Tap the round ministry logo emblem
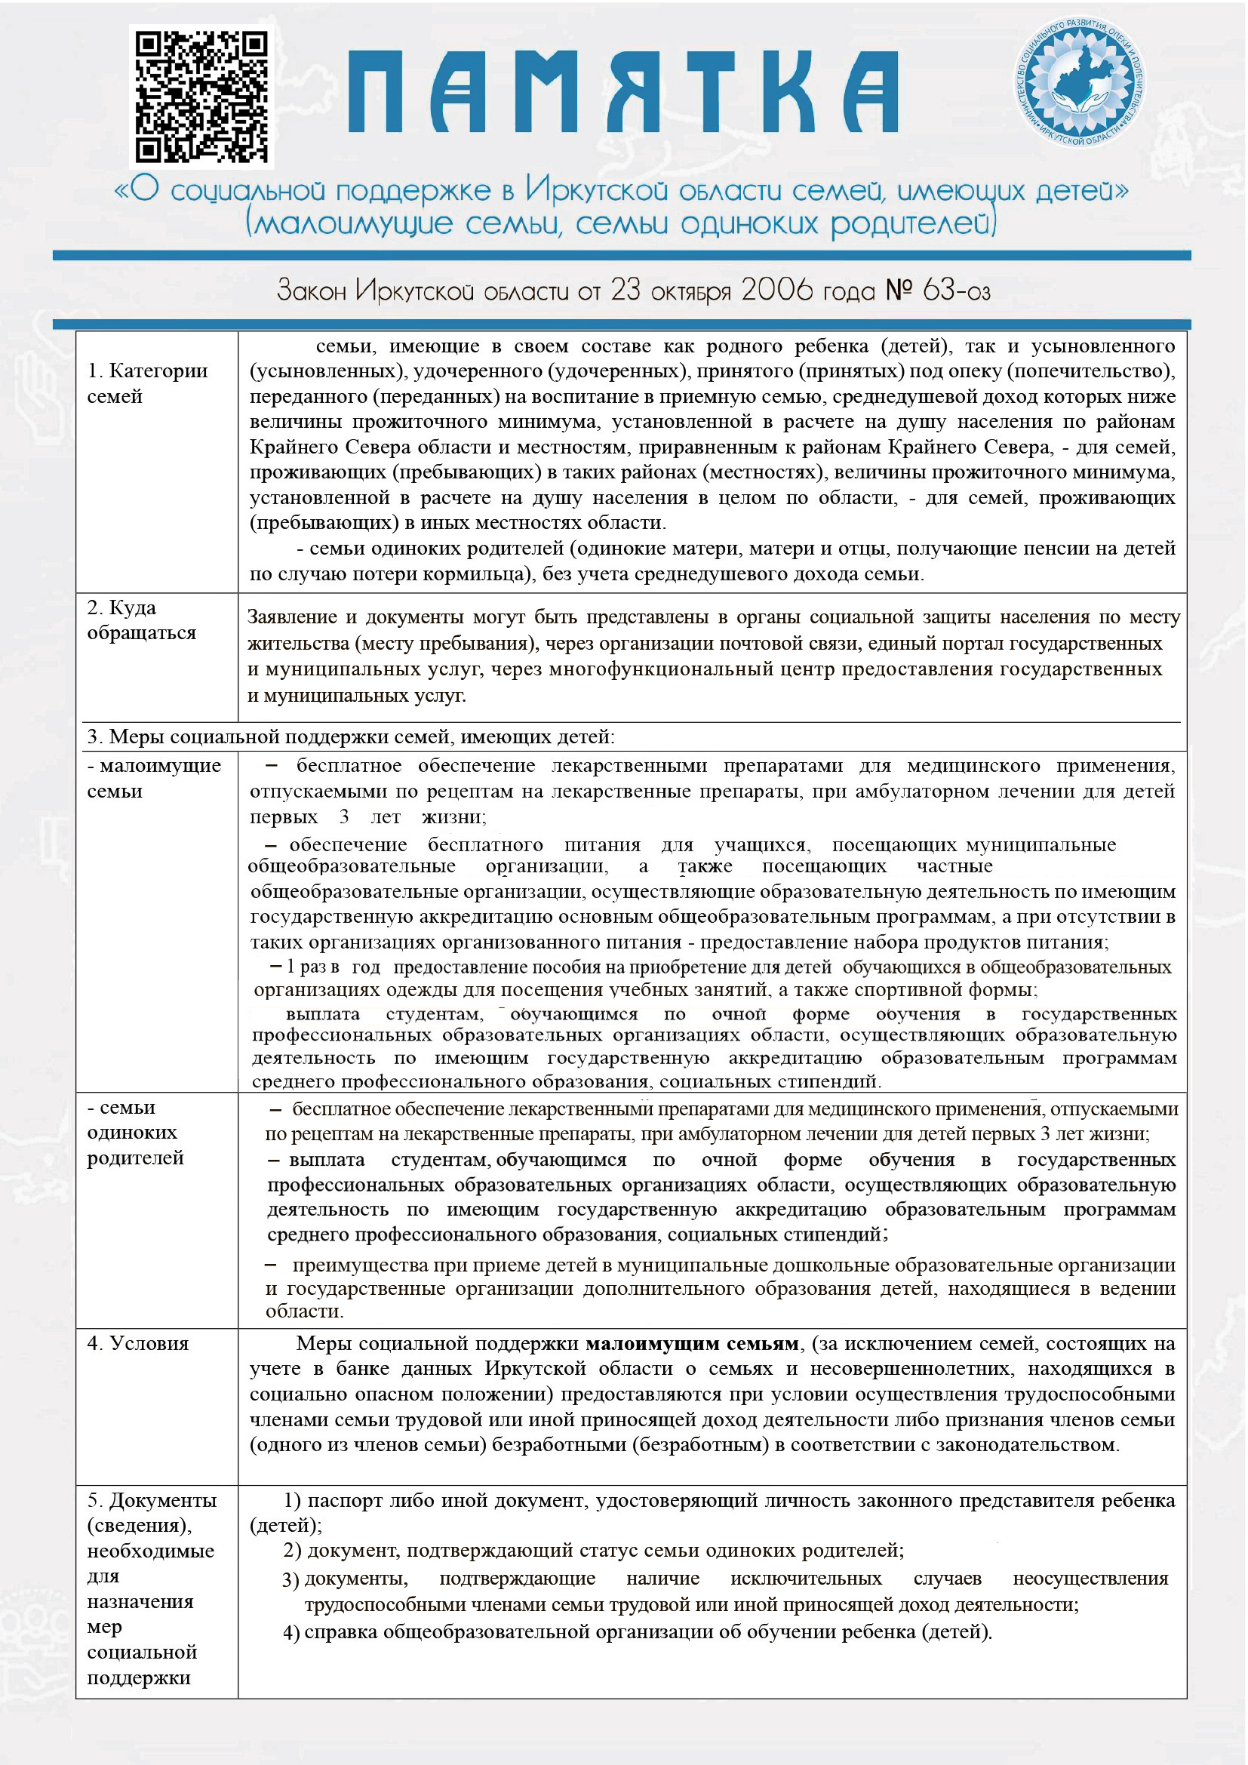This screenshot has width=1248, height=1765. coord(1079,82)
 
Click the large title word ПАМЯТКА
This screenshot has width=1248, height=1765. coord(622,92)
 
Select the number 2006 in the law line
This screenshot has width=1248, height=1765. coord(776,290)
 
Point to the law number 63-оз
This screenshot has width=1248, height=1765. coord(956,290)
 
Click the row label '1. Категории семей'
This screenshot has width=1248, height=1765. coord(147,383)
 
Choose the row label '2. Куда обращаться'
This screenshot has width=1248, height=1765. coord(141,620)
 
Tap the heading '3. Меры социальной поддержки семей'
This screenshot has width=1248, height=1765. coord(350,736)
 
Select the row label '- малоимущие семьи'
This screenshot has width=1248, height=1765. coord(154,777)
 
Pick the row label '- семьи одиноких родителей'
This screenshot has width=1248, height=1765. coord(135,1132)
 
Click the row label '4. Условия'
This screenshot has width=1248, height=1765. coord(137,1343)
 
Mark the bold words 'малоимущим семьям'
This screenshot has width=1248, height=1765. coord(692,1343)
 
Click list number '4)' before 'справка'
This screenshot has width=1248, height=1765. coord(291,1633)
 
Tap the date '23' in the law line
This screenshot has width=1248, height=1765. coord(626,290)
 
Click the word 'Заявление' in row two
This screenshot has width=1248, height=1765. coord(292,617)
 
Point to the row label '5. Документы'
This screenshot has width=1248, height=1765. coord(152,1500)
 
